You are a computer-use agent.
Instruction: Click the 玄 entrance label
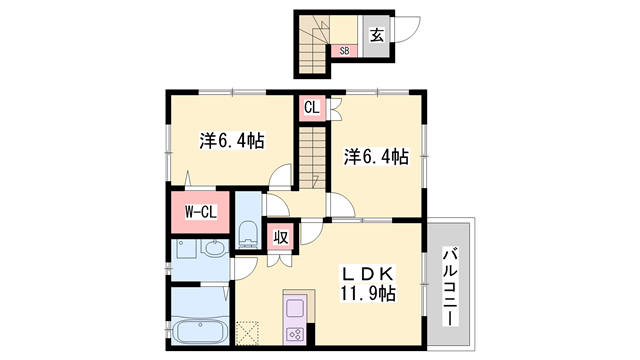(377, 35)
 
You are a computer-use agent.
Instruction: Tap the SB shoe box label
(344, 49)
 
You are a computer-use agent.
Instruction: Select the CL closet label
(310, 106)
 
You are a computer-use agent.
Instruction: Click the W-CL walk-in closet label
(200, 211)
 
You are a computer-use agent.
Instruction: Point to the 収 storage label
(282, 238)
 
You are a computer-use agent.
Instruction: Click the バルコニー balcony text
(450, 282)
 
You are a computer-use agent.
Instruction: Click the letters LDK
(367, 272)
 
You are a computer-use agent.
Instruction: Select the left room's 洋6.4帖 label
(230, 141)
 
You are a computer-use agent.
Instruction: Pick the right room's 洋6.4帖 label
(376, 156)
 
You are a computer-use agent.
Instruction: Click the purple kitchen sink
(296, 307)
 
